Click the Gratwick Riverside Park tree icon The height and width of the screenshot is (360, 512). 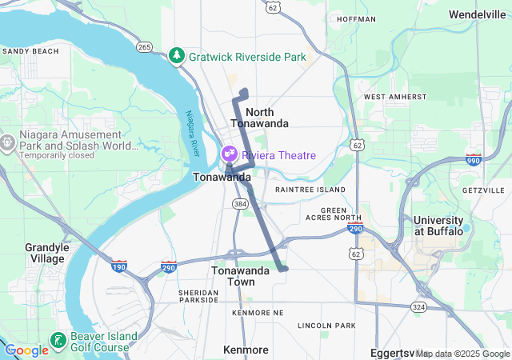[177, 57]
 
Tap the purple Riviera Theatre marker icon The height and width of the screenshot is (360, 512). [230, 154]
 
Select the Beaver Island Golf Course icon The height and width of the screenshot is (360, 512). [58, 341]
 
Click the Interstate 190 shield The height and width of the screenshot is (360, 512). [119, 266]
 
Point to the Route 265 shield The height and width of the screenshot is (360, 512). [145, 47]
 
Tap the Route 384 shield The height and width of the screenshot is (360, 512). [240, 205]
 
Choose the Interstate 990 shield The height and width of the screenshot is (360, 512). [474, 160]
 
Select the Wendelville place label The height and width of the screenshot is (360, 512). [477, 14]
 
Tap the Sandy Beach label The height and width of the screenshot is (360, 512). [30, 51]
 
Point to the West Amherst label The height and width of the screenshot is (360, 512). [390, 97]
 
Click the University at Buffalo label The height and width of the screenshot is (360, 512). [438, 226]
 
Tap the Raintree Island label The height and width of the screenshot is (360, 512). [310, 190]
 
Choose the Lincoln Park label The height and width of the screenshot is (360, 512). [326, 326]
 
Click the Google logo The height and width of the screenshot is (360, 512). [26, 350]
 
